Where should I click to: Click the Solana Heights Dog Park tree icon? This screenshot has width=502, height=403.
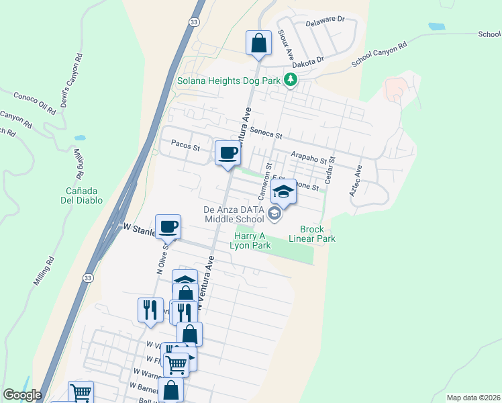point(290,81)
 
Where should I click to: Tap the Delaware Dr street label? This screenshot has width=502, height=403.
point(325,21)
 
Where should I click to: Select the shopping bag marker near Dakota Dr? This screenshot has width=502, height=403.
point(258,44)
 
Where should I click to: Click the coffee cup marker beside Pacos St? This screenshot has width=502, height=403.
point(228,153)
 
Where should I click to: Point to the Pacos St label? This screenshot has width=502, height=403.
point(186,144)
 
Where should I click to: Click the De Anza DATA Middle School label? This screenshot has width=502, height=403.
point(234,214)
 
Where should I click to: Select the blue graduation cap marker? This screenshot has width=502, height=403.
point(284,193)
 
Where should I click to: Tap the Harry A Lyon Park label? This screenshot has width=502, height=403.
point(252,240)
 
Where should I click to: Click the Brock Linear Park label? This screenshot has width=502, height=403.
point(312,234)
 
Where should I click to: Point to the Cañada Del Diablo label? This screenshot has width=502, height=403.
point(80,195)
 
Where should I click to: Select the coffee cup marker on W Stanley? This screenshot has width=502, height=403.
point(168,226)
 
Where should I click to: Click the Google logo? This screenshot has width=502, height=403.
point(23,395)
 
